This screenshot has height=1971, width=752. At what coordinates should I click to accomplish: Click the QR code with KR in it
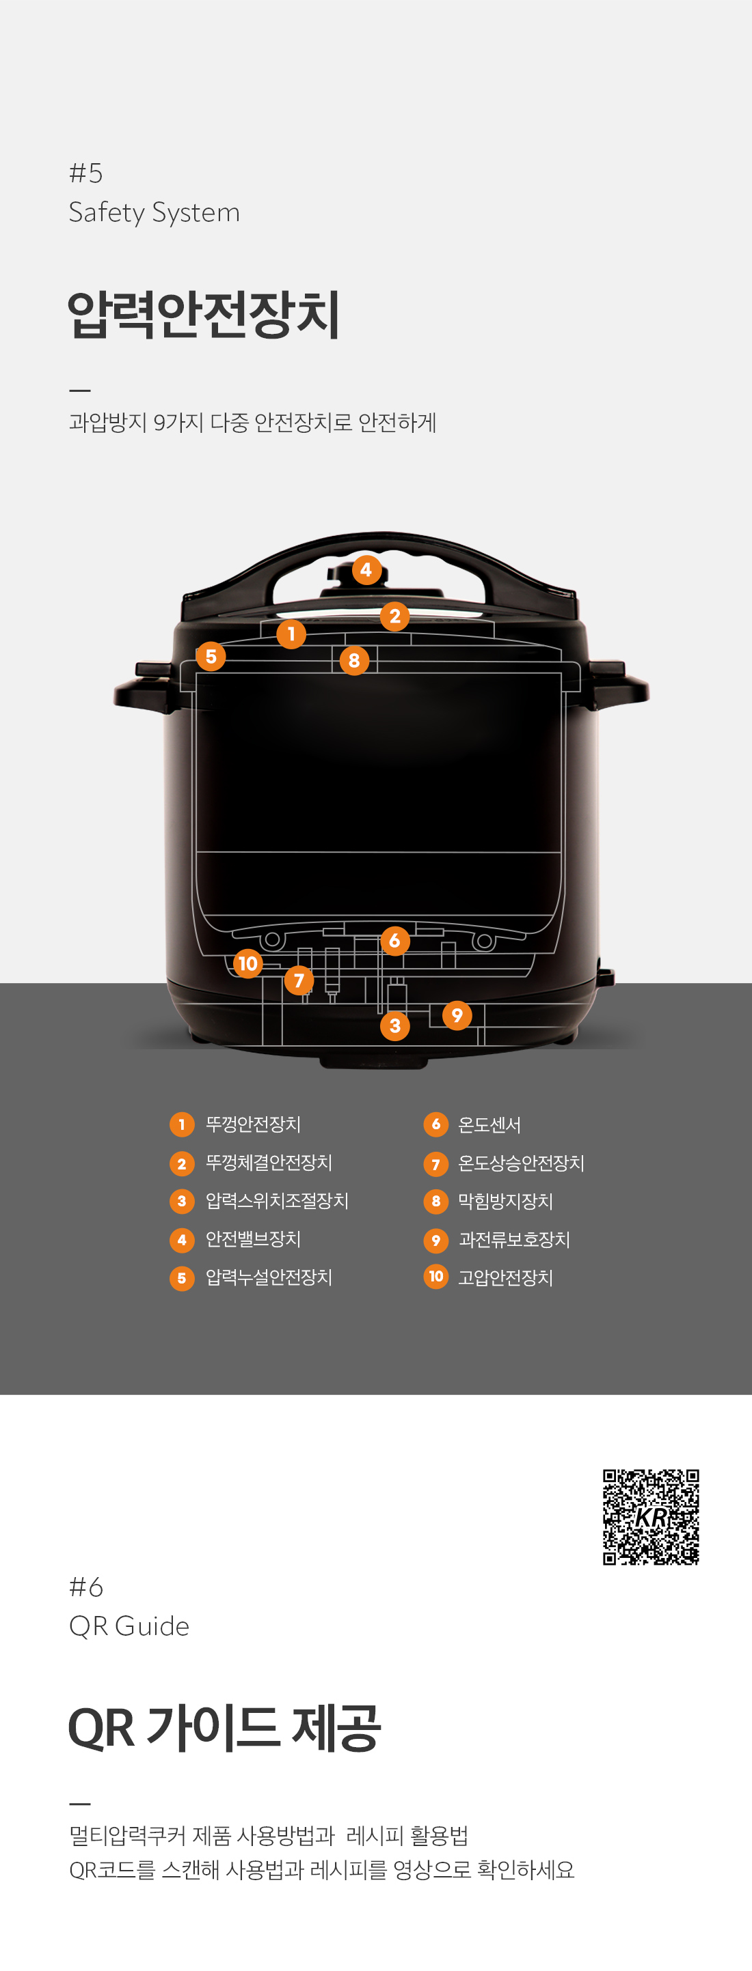point(650,1516)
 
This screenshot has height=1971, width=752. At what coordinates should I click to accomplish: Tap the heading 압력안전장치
point(204,315)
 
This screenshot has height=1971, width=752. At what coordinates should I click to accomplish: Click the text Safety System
point(154,212)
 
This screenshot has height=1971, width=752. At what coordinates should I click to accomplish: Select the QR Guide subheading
point(129,1626)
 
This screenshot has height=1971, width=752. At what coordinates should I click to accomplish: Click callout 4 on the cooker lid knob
point(366,570)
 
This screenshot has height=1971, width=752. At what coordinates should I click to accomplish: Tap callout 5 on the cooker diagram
point(211,657)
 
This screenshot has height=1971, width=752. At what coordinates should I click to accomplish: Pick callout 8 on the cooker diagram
point(354,660)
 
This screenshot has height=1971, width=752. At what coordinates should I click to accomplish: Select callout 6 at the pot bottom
point(394,941)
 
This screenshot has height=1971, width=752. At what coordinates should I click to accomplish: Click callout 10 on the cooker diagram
point(247,963)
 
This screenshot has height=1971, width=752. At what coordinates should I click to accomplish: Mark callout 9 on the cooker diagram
point(457,1015)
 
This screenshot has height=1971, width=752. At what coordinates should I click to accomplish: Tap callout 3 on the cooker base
point(394,1026)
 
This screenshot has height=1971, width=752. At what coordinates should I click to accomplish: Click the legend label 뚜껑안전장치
point(253,1124)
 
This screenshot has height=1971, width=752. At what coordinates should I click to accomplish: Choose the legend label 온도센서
point(489,1124)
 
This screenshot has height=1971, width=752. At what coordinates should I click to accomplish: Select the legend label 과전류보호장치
point(514,1240)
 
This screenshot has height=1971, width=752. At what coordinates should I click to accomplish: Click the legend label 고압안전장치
point(505,1278)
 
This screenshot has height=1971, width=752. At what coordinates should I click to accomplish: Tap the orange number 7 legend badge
point(435,1164)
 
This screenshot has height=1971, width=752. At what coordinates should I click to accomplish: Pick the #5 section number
point(85,173)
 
